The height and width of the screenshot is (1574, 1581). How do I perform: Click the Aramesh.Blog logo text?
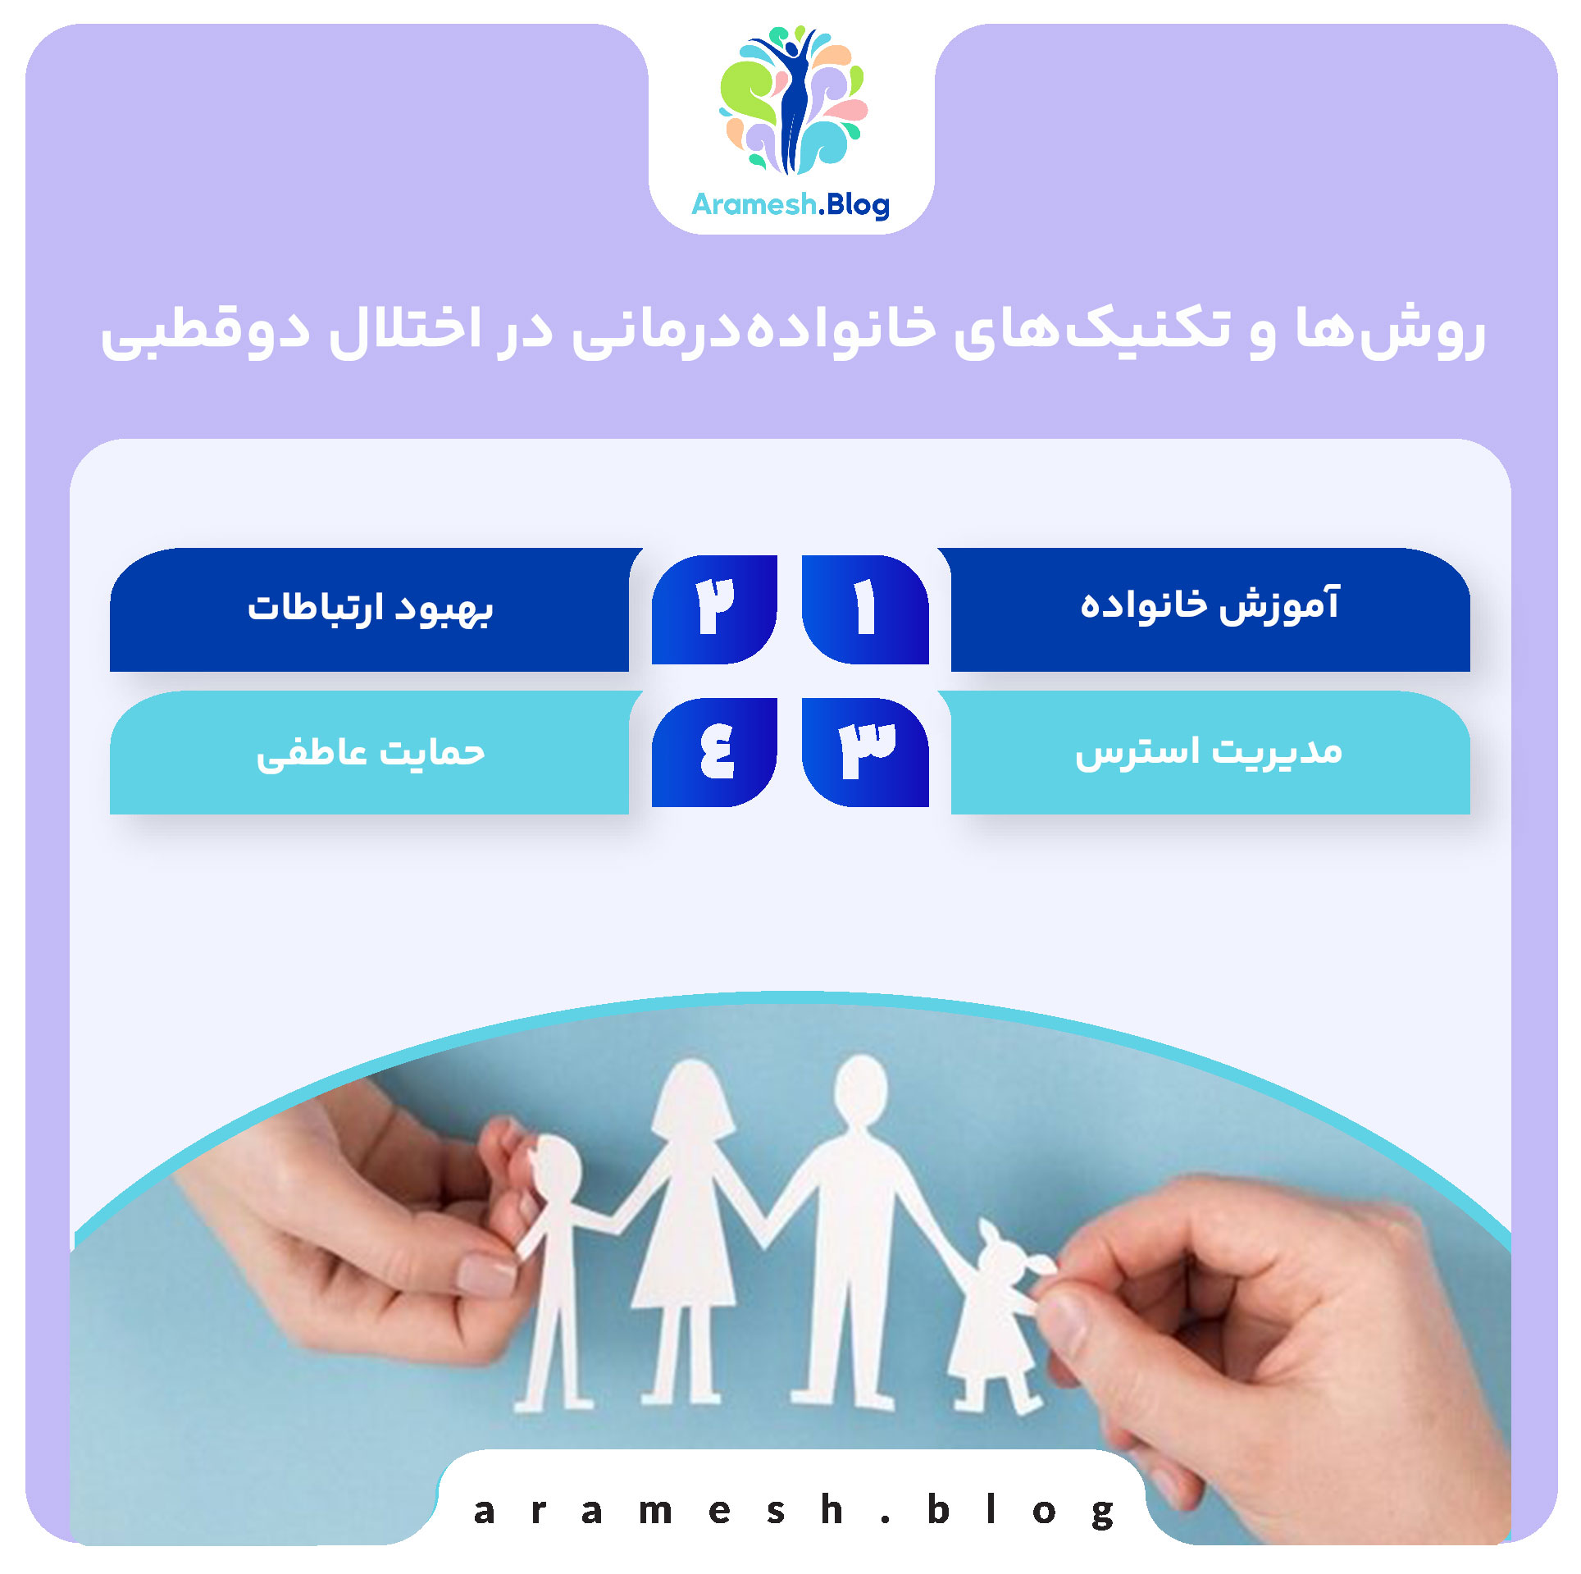790,204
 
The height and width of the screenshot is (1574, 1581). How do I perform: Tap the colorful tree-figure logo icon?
792,100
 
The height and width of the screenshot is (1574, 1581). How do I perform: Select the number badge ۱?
865,609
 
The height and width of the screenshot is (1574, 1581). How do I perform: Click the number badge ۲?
714,609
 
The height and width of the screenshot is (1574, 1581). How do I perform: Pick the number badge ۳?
865,751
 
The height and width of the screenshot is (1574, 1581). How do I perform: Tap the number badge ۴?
714,751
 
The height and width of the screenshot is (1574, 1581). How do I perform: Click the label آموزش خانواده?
1210,606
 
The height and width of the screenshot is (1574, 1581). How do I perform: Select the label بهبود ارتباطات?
370,608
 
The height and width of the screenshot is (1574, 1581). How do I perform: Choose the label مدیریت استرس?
1210,751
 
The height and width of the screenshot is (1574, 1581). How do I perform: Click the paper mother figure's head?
694,1096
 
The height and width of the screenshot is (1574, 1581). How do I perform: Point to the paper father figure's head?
859,1088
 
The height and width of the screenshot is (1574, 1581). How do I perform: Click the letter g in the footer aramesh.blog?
1103,1511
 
